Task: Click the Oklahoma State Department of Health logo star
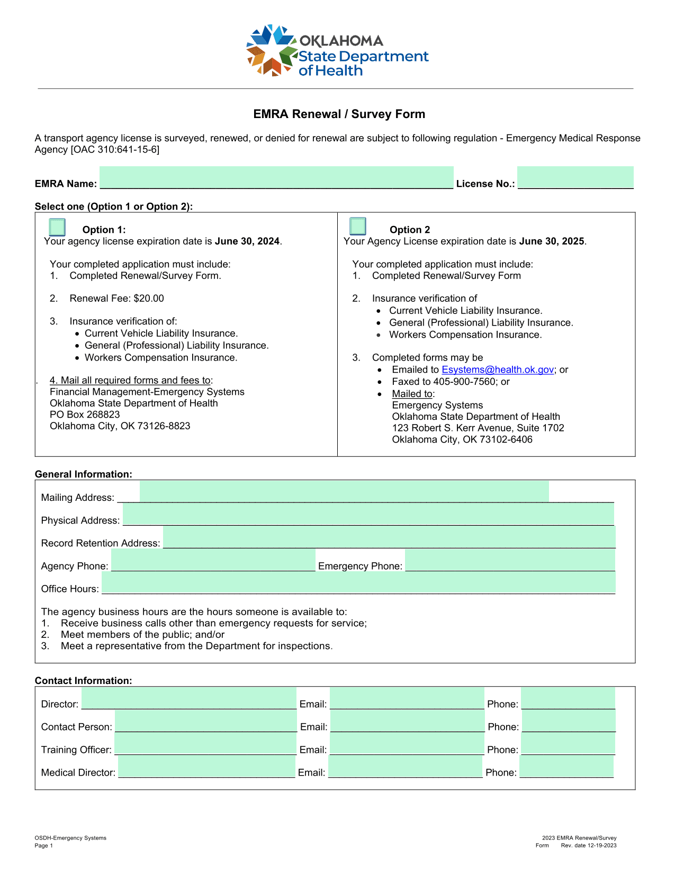tap(271, 51)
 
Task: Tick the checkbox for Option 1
tap(57, 227)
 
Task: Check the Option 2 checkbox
tap(358, 226)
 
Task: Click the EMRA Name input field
tap(276, 177)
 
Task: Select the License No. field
tap(575, 177)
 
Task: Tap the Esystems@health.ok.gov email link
tap(498, 370)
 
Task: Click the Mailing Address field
tap(344, 491)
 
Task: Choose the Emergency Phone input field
tap(510, 560)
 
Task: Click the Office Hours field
tap(358, 583)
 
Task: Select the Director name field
tap(189, 698)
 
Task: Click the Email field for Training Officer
tap(407, 744)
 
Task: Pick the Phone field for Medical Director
tap(566, 767)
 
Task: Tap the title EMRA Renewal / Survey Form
tap(339, 114)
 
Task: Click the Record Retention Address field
tap(389, 537)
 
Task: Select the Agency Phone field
tap(213, 560)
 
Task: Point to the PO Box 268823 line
tap(85, 415)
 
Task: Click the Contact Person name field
tap(206, 721)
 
